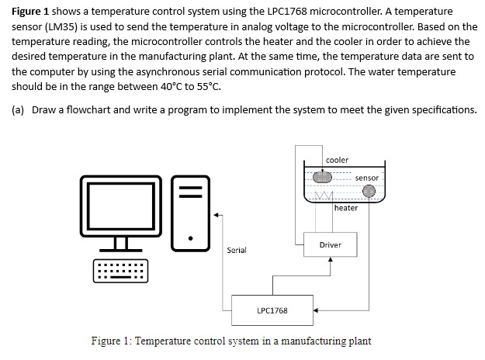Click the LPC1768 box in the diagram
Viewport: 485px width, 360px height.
(272, 310)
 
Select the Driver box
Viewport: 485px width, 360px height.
(330, 245)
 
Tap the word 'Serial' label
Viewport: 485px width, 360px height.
(236, 250)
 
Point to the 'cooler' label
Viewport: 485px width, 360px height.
(337, 160)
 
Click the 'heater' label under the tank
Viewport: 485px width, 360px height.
(346, 208)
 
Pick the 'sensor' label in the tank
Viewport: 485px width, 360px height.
(366, 178)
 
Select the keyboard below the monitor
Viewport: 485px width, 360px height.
(120, 271)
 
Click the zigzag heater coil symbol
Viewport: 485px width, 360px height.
(322, 195)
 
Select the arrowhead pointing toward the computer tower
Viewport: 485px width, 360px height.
(218, 213)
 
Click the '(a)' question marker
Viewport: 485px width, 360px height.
(18, 109)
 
